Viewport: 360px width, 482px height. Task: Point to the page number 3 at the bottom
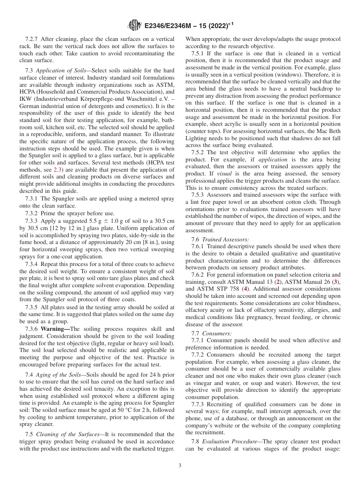(x=180, y=465)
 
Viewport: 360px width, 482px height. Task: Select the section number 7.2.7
(x=33, y=39)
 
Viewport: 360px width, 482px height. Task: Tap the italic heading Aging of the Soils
(x=56, y=374)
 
